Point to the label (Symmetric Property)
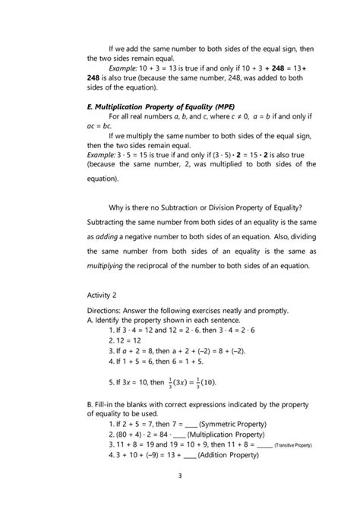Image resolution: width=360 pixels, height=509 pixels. point(234,422)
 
